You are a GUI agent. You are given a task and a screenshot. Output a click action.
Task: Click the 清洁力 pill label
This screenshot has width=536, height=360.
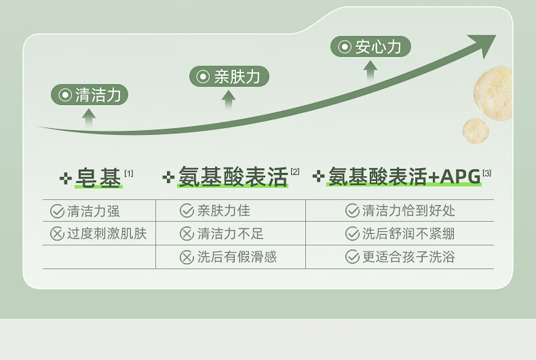pyautogui.click(x=90, y=95)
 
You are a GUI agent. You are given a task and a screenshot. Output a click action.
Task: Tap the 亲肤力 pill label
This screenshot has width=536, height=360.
pyautogui.click(x=229, y=77)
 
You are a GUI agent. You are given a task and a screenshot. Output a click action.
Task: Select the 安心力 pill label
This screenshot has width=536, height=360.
pyautogui.click(x=370, y=47)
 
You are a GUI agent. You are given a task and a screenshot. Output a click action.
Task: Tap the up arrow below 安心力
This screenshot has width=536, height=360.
pyautogui.click(x=370, y=70)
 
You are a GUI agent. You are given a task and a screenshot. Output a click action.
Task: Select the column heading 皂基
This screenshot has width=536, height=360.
pyautogui.click(x=99, y=178)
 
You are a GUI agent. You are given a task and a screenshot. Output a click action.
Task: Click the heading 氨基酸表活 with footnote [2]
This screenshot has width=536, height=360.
pyautogui.click(x=233, y=177)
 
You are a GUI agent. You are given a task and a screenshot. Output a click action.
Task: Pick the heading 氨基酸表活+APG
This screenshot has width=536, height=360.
pyautogui.click(x=404, y=177)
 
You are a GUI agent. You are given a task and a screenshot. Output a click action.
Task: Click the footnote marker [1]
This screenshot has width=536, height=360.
pyautogui.click(x=129, y=174)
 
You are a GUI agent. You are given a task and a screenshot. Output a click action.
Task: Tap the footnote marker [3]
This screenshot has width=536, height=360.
pyautogui.click(x=487, y=174)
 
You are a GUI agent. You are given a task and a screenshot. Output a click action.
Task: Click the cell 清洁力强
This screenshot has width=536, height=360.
pyautogui.click(x=93, y=211)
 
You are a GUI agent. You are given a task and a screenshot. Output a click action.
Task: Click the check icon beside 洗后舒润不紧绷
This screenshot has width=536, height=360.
pyautogui.click(x=352, y=234)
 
